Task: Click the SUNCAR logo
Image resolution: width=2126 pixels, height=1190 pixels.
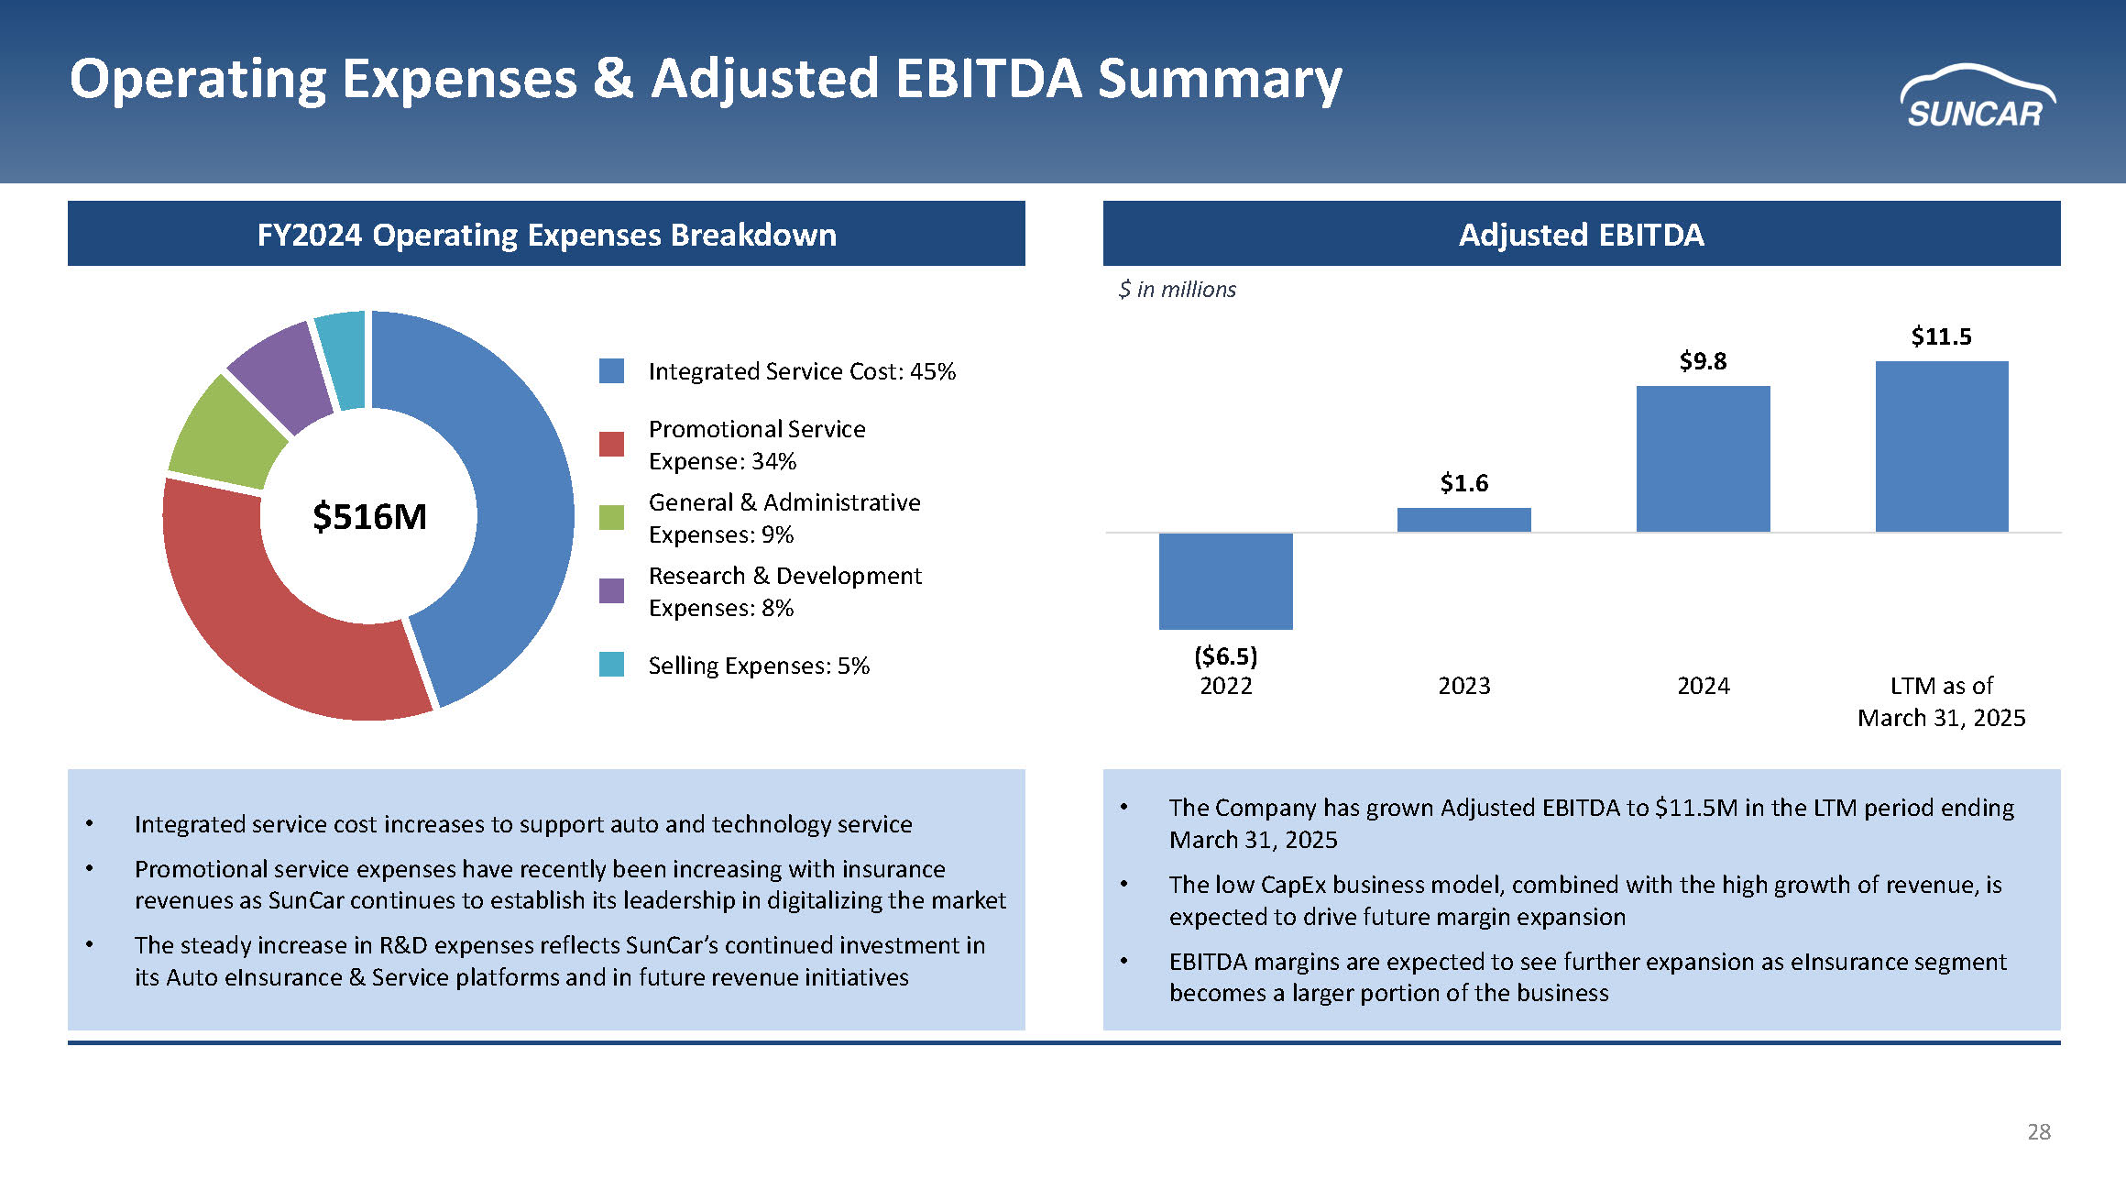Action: [x=1977, y=98]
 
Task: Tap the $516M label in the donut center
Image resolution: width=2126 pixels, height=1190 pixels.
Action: [x=369, y=517]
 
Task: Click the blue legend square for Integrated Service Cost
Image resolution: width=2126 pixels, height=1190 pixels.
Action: [x=611, y=371]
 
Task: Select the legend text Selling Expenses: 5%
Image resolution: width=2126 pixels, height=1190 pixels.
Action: [x=759, y=666]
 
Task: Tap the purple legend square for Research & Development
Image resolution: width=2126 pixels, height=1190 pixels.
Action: [x=611, y=590]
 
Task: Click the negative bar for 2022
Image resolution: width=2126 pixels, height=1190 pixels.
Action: [x=1225, y=581]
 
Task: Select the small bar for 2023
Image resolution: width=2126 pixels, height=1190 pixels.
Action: [x=1463, y=520]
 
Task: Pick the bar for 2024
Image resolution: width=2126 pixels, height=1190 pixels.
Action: [x=1703, y=458]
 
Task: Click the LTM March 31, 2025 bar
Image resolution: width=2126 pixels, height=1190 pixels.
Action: [x=1941, y=446]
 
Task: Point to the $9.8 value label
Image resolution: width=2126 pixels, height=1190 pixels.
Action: [x=1703, y=361]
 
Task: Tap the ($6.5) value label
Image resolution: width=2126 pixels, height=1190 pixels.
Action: [x=1225, y=656]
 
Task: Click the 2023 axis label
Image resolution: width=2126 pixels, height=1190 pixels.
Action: [x=1463, y=686]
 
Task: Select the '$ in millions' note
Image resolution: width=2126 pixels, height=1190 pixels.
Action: [x=1177, y=290]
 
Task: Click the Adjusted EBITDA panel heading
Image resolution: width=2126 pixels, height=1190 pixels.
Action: [x=1581, y=235]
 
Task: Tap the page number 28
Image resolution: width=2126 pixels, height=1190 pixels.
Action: [x=2038, y=1132]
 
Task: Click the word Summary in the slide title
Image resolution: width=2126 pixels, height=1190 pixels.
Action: [x=1220, y=79]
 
